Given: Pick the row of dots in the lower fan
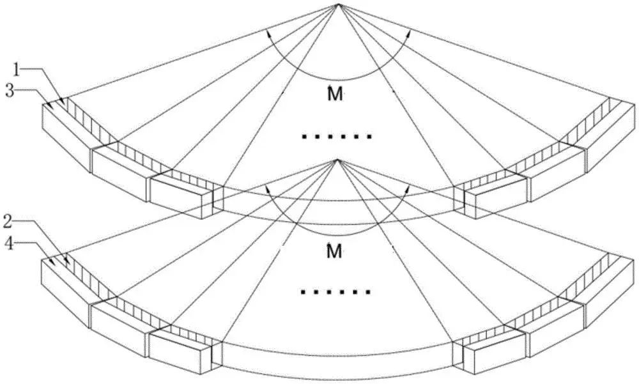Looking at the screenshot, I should [x=336, y=293].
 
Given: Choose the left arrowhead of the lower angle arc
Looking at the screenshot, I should [x=268, y=190].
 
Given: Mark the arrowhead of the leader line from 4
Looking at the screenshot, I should [x=52, y=263].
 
